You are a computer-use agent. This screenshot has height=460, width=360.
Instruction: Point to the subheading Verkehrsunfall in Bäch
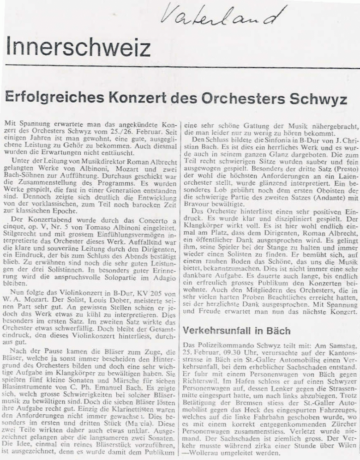click(x=237, y=331)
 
